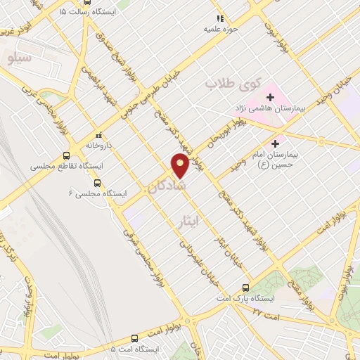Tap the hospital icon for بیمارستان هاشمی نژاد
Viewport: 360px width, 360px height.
click(271, 96)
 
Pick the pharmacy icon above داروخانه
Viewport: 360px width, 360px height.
click(97, 134)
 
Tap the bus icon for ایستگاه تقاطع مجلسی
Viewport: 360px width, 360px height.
click(66, 156)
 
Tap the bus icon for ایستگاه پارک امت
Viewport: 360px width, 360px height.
click(245, 288)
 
